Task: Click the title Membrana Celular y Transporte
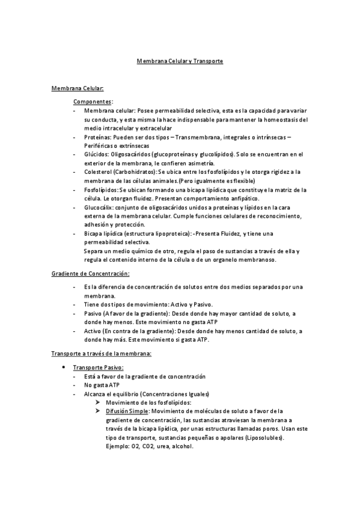pyautogui.click(x=180, y=61)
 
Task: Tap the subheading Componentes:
pyautogui.click(x=93, y=102)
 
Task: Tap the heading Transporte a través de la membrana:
pyautogui.click(x=102, y=353)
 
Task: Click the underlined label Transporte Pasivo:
pyautogui.click(x=98, y=367)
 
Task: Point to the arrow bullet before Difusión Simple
pyautogui.click(x=97, y=411)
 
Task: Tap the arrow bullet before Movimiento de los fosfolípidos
pyautogui.click(x=97, y=402)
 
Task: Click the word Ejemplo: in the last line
pyautogui.click(x=118, y=446)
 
